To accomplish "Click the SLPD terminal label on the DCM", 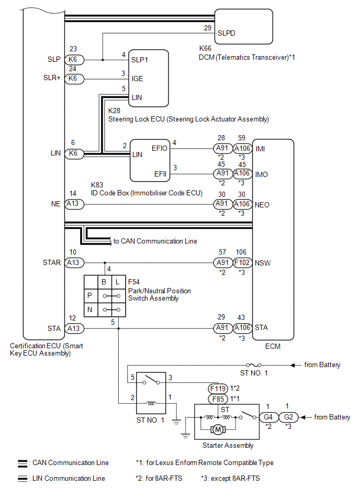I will (226, 32).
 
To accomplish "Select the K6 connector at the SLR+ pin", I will (73, 78).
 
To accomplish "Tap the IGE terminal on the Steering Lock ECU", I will (137, 79).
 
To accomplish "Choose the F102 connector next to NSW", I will (242, 262).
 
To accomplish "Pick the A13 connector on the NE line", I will (73, 204).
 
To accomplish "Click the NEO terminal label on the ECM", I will (262, 205).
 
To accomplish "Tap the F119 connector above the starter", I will (217, 389).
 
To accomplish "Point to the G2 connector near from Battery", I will (289, 417).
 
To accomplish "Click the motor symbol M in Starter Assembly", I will (217, 430).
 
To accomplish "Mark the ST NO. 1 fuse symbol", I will (254, 365).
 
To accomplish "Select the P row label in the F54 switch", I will (90, 295).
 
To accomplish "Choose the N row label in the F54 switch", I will (90, 310).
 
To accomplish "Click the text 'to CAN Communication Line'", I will (155, 241).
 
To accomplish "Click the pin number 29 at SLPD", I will (207, 27).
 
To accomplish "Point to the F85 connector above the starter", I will (217, 399).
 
